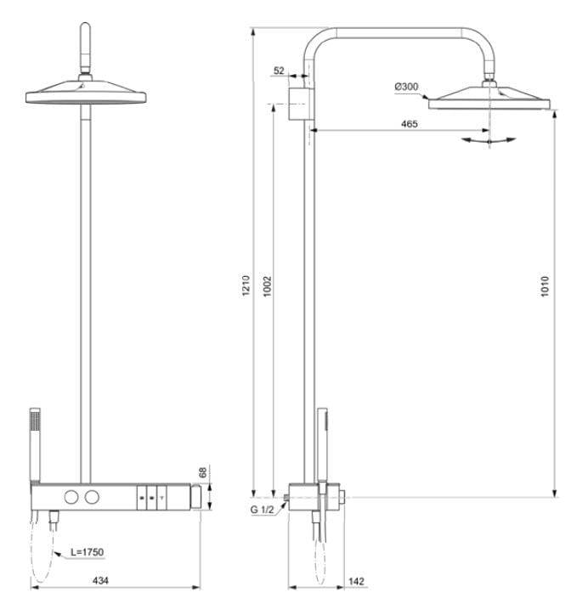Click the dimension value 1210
coord(246,285)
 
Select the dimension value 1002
coord(268,286)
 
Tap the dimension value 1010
coord(545,286)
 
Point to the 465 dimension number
coord(409,124)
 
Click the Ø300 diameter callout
coord(406,87)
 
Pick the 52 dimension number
coord(279,71)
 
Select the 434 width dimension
coord(100,580)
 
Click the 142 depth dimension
coord(356,581)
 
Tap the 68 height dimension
coord(202,472)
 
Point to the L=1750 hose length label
coord(88,552)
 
